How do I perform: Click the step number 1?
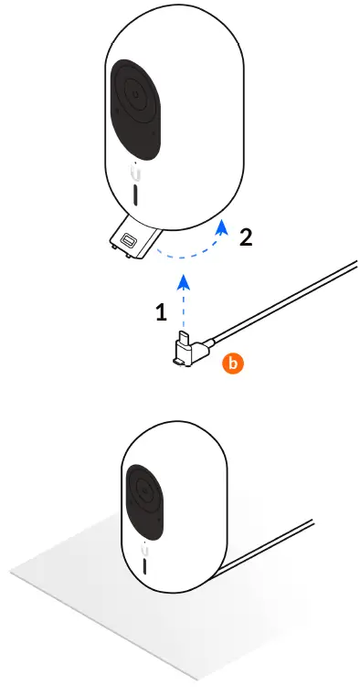[161, 312]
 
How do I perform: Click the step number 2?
[244, 238]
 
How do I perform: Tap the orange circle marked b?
[233, 364]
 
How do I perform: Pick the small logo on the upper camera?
[134, 172]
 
